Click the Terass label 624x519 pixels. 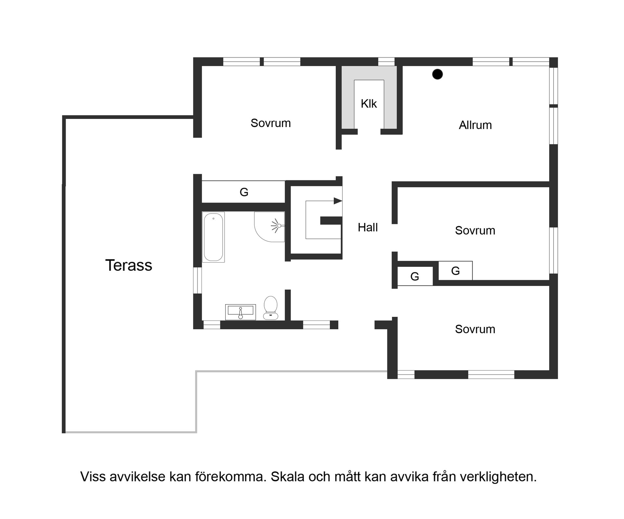click(129, 265)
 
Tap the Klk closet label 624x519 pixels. click(369, 104)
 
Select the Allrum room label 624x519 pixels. click(475, 125)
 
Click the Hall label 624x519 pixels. click(368, 227)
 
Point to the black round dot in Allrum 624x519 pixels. click(437, 74)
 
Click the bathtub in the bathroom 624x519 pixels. click(213, 237)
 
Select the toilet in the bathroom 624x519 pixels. click(270, 307)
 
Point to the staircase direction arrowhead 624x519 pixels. click(338, 201)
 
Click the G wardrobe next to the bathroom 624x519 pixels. click(244, 192)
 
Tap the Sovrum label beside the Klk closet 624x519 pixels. click(270, 123)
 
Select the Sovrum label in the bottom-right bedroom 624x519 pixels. click(475, 329)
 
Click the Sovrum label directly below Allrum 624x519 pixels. click(475, 230)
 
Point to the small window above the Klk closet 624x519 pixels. click(386, 62)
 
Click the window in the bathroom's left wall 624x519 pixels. click(197, 280)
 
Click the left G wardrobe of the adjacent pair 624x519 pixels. click(415, 277)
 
